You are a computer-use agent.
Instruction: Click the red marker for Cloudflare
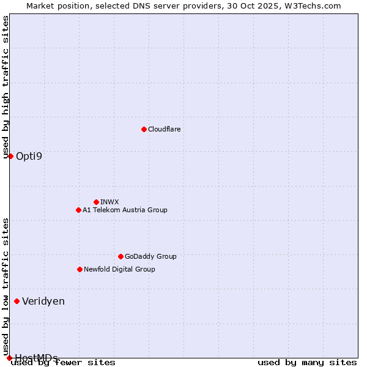[x=144, y=129]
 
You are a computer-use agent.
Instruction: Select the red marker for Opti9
[x=10, y=156]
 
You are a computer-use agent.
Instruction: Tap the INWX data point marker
[x=96, y=202]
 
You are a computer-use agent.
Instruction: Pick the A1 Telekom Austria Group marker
[x=78, y=210]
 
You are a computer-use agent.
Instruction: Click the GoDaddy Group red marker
[x=120, y=256]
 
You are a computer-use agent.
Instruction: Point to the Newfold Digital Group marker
[x=80, y=269]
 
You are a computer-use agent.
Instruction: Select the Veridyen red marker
[x=17, y=301]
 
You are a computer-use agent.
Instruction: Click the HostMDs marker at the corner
[x=9, y=358]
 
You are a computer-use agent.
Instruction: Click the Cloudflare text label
[x=164, y=129]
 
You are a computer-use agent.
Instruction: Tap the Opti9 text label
[x=29, y=156]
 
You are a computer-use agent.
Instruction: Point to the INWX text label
[x=109, y=202]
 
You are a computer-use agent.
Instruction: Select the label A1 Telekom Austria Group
[x=125, y=210]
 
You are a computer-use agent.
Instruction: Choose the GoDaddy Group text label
[x=150, y=256]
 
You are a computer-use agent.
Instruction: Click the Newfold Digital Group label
[x=119, y=269]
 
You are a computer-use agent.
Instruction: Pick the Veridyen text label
[x=43, y=301]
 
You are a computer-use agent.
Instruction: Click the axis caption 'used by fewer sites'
[x=63, y=362]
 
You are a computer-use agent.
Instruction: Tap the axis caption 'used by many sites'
[x=307, y=362]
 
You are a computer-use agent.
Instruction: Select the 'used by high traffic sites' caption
[x=6, y=87]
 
